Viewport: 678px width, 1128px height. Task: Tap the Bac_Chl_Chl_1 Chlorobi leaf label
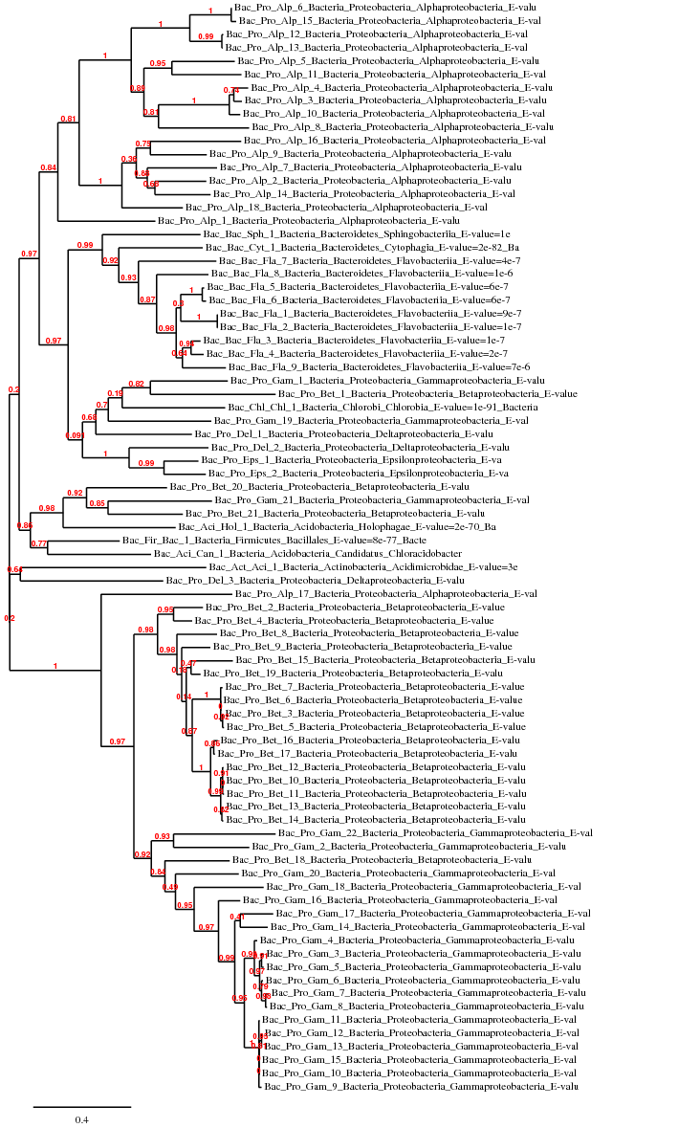pyautogui.click(x=371, y=407)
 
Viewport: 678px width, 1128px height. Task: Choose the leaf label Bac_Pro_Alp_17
pyautogui.click(x=385, y=594)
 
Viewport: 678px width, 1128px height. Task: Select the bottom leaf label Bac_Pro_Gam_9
pyautogui.click(x=421, y=1087)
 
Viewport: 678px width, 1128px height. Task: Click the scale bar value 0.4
pyautogui.click(x=82, y=1119)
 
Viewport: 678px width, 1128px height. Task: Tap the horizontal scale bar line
pyautogui.click(x=82, y=1107)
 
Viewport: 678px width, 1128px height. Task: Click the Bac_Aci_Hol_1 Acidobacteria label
pyautogui.click(x=337, y=527)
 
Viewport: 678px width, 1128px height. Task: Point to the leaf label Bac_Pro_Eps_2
pyautogui.click(x=352, y=474)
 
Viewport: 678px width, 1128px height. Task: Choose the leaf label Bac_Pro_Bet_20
pyautogui.click(x=318, y=487)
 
